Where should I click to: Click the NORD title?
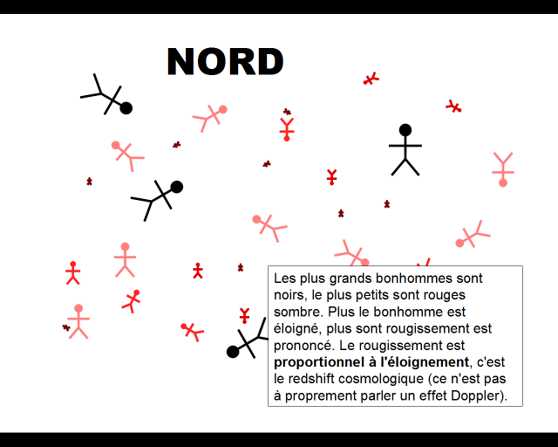coord(225,62)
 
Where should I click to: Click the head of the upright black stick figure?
coord(405,130)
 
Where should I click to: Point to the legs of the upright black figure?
coord(405,166)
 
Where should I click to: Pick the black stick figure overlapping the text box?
coord(247,339)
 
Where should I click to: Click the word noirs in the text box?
coord(289,295)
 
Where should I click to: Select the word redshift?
coord(312,378)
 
